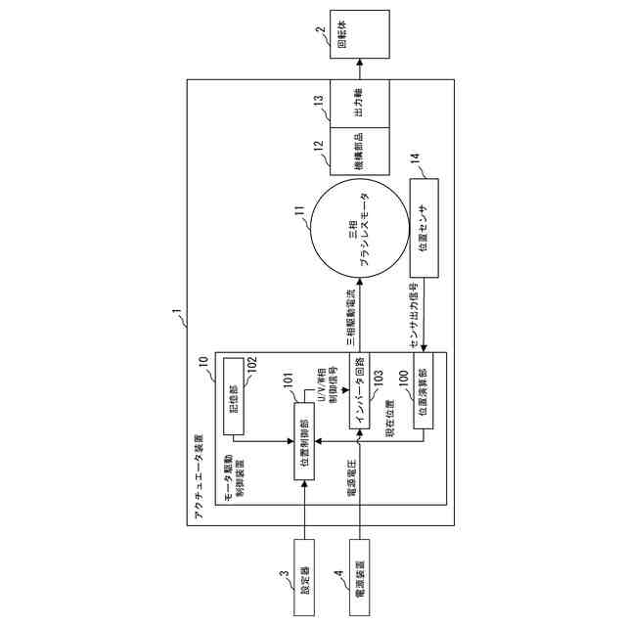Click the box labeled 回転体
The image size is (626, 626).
point(359,34)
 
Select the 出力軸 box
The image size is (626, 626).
point(359,103)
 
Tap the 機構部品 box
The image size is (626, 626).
point(359,153)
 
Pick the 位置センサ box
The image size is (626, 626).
point(424,227)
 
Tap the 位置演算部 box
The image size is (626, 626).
point(423,401)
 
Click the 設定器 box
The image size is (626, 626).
point(305,574)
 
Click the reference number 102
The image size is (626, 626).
point(251,363)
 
